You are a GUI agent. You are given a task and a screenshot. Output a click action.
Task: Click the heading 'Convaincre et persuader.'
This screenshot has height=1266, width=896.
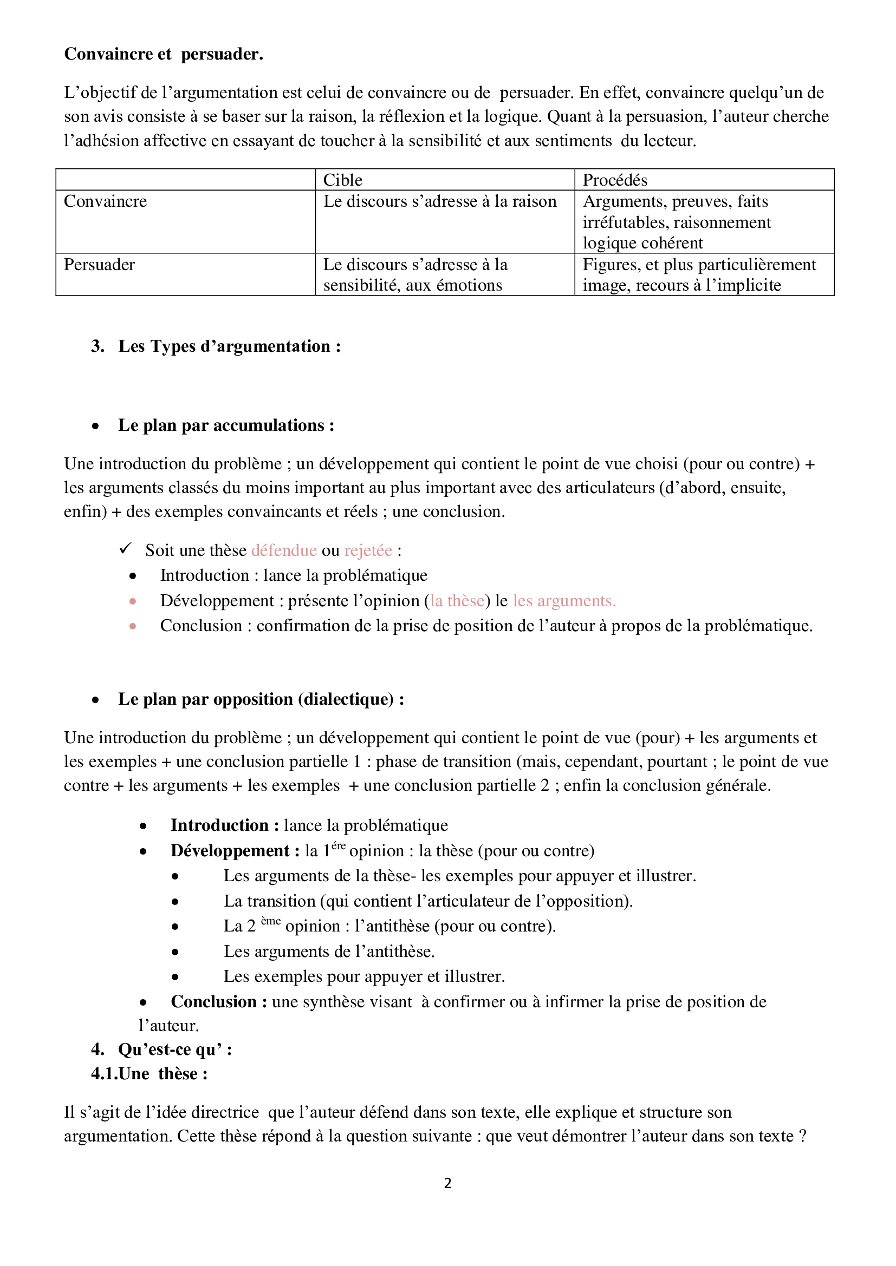coord(163,54)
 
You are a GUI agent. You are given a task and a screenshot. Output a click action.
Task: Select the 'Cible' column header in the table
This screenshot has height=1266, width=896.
coord(342,180)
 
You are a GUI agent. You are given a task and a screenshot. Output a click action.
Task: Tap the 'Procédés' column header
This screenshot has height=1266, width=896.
coord(615,180)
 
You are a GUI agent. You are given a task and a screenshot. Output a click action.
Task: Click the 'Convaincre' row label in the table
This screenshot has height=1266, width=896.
coord(106,201)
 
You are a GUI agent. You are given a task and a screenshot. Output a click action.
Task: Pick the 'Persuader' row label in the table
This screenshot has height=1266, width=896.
coord(99,265)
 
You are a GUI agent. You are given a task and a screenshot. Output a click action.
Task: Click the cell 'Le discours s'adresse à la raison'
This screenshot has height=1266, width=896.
coord(440,201)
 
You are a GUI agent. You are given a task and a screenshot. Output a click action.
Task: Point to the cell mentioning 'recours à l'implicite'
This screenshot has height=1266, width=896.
coord(682,285)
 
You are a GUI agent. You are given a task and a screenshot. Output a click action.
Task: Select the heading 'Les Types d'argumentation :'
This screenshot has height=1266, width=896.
coord(229,346)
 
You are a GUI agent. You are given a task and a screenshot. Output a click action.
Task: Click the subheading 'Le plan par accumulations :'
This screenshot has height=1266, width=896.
coord(226,425)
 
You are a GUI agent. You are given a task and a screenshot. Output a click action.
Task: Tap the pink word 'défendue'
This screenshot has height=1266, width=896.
coord(283,550)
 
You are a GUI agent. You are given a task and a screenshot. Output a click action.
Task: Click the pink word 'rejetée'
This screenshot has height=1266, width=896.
coord(368,550)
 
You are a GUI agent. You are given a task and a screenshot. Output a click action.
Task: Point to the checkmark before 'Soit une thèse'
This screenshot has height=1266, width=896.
coord(126,549)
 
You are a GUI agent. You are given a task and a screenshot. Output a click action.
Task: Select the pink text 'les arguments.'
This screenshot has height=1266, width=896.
coord(564,600)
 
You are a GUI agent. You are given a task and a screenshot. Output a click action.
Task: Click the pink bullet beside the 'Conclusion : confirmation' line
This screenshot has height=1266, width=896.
coord(133,626)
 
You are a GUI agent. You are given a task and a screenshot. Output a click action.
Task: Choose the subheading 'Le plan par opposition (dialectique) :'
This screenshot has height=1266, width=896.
coord(261,699)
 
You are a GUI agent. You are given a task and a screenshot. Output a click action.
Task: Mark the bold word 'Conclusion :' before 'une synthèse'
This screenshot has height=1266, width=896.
coord(218,1001)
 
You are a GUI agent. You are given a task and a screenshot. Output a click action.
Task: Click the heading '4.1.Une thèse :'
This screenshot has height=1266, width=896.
coord(149,1073)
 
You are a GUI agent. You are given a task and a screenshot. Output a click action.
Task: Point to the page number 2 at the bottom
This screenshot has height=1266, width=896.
coord(447,1183)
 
